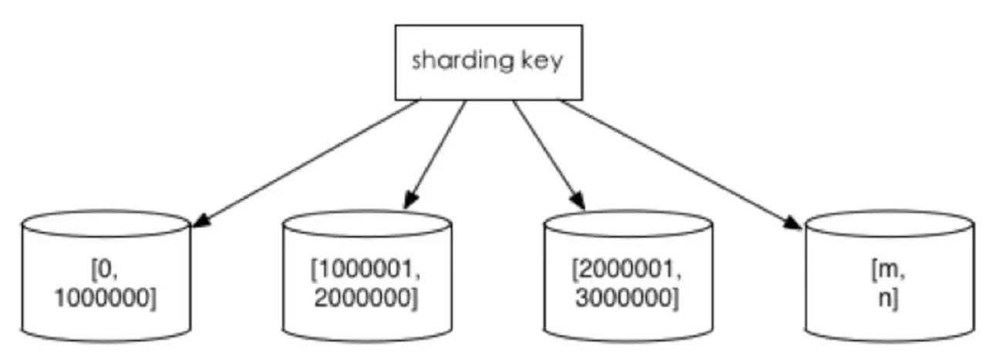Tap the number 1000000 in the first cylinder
tap(106, 298)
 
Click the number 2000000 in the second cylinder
tap(366, 298)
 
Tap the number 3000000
tap(627, 298)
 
